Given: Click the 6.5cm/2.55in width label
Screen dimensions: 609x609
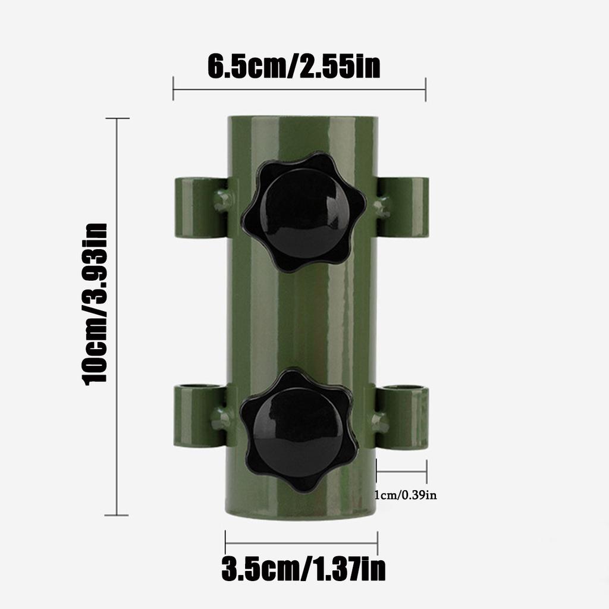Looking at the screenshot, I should (294, 67).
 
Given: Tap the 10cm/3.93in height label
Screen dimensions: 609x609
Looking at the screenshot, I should (96, 303).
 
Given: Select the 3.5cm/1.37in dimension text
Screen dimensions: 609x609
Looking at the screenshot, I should (303, 569).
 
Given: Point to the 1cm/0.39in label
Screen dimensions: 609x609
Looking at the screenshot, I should (406, 495).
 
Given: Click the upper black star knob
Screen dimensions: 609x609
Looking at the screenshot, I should (303, 211).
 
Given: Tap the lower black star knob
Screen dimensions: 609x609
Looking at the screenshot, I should (299, 430).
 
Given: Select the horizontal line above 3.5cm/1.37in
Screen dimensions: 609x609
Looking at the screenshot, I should (302, 542).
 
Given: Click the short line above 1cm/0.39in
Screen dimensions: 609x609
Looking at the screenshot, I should (401, 472).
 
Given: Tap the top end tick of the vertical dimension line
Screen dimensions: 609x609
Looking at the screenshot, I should (117, 118).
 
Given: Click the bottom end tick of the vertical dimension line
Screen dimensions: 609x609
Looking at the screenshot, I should (117, 515).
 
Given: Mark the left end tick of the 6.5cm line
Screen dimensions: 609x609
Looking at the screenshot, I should (173, 89).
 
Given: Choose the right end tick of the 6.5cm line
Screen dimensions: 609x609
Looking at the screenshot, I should (426, 89).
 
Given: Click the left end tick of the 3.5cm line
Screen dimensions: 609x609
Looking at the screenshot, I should (225, 542).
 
